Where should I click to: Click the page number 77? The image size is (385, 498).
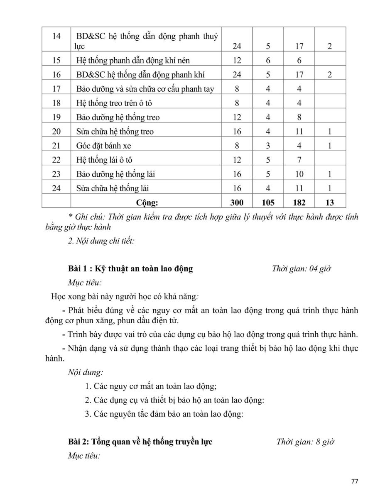354,481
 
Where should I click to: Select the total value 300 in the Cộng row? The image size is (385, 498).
237,203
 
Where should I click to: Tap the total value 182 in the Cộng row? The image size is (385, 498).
299,203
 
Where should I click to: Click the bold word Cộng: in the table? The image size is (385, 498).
147,203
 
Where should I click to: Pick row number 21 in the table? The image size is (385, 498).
56,146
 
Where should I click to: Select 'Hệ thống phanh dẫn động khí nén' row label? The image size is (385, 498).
133,61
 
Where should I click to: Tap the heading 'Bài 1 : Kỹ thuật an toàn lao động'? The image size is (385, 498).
130,269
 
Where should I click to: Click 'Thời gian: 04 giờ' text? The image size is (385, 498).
301,269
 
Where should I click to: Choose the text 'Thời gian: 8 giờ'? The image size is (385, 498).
306,442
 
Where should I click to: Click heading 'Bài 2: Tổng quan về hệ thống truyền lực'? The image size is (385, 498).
140,442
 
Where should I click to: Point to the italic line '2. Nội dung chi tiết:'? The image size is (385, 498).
101,241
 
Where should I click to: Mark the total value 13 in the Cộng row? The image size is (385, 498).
330,203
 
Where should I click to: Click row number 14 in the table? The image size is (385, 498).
56,37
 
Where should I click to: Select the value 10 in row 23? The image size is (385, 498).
299,174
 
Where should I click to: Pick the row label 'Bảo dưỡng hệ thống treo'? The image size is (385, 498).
118,117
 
